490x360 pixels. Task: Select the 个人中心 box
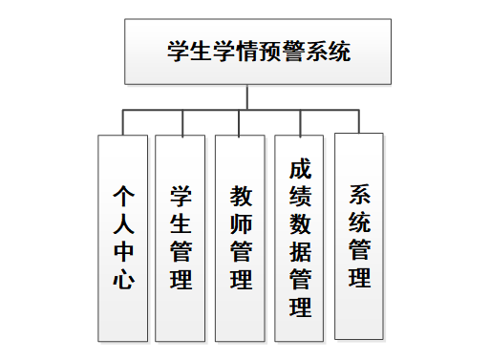click(x=122, y=238)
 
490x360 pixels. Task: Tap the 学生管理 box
click(x=181, y=238)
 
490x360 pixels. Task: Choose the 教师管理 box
click(x=240, y=238)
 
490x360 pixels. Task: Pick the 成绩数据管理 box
click(x=300, y=238)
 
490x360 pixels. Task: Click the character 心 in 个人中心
click(x=123, y=281)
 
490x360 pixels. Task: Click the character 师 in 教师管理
click(x=241, y=224)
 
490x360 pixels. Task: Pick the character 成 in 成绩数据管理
click(x=300, y=169)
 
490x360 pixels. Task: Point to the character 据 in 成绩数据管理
click(x=300, y=252)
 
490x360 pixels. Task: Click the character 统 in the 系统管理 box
click(x=360, y=223)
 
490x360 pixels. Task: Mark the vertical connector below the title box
click(x=247, y=96)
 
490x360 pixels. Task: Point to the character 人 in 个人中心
click(x=123, y=224)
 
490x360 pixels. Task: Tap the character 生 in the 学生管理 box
click(x=181, y=224)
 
